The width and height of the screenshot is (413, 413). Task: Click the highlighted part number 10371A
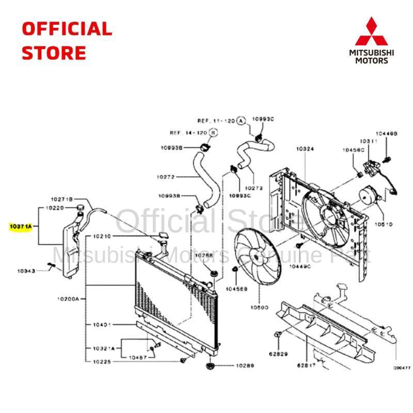[x=21, y=226]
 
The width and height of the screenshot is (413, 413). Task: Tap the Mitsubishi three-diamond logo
[x=379, y=32]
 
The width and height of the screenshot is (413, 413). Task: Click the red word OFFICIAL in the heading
[x=67, y=29]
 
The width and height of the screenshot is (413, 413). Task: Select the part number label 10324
[x=305, y=149]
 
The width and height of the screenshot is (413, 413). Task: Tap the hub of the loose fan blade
[x=257, y=257]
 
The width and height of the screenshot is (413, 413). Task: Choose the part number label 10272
[x=166, y=177]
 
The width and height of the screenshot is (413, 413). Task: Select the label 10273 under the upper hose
[x=255, y=188]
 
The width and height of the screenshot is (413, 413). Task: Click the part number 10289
[x=245, y=366]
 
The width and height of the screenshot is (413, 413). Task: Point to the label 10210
[x=103, y=236]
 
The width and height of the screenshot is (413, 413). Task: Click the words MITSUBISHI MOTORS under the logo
[x=379, y=56]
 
